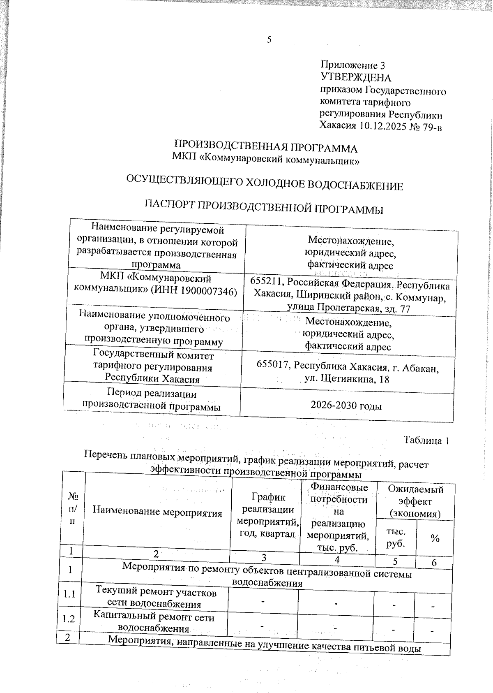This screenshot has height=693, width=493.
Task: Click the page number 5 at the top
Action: (x=270, y=39)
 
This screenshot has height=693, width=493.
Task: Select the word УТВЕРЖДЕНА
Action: (x=355, y=78)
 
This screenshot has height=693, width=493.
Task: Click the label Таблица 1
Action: (x=426, y=440)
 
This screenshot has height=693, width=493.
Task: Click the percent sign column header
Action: (x=435, y=538)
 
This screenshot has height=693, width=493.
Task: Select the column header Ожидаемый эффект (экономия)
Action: (x=415, y=501)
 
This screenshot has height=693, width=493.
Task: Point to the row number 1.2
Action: (x=69, y=619)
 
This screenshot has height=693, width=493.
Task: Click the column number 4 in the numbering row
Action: (x=337, y=559)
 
